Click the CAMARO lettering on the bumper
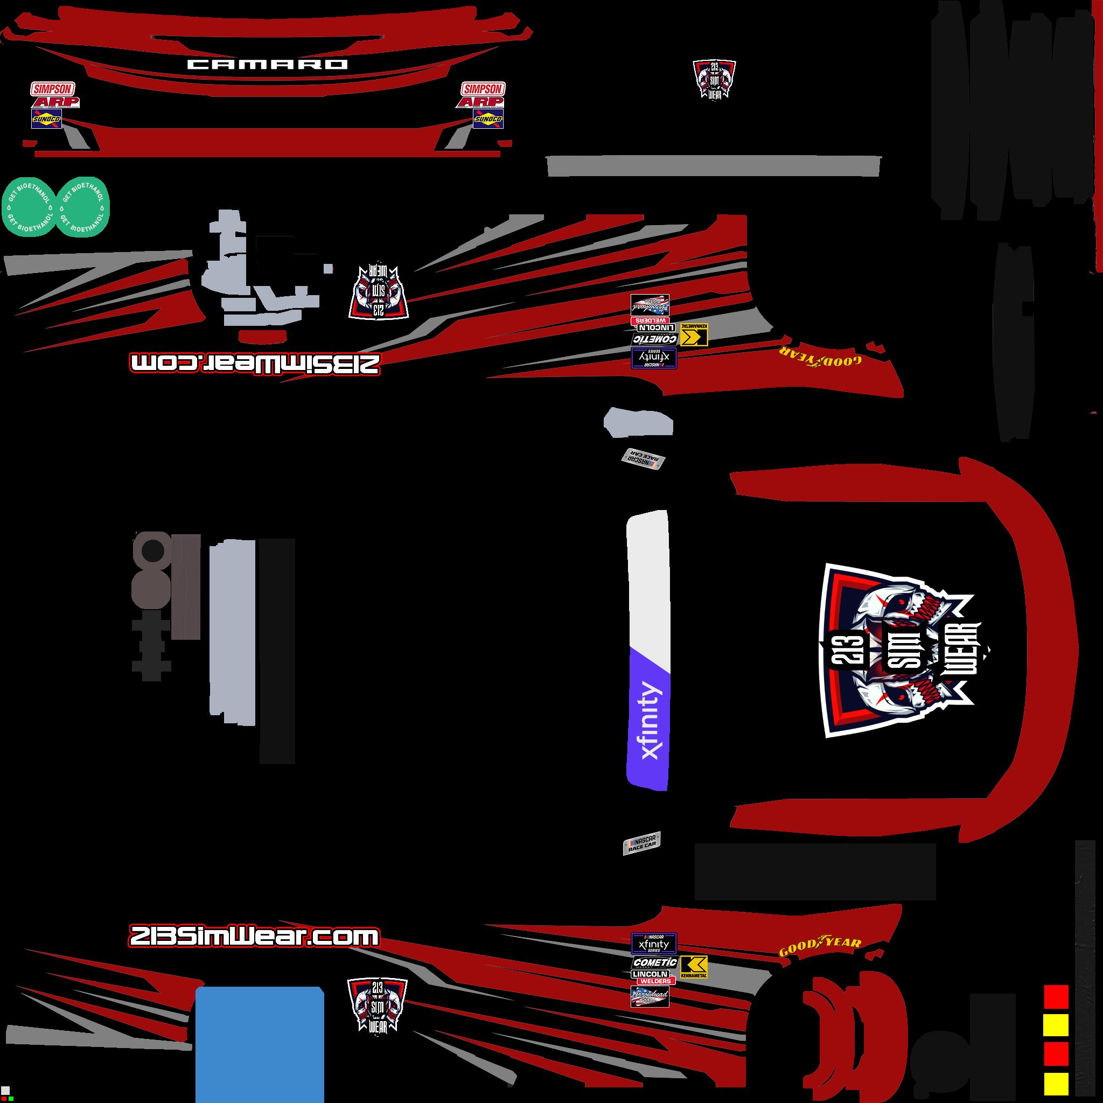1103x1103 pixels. click(x=267, y=65)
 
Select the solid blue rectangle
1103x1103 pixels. click(x=260, y=1044)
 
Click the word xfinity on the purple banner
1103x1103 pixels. click(x=650, y=720)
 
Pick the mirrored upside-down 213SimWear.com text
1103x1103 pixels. click(x=254, y=364)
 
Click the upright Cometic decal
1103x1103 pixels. click(x=654, y=962)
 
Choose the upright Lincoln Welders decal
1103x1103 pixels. click(x=653, y=976)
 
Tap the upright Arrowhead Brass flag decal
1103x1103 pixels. click(x=650, y=996)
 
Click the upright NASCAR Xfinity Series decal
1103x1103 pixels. click(x=654, y=943)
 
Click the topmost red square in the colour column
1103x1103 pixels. click(x=1056, y=996)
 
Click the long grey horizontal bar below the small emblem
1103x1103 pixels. click(x=714, y=166)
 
